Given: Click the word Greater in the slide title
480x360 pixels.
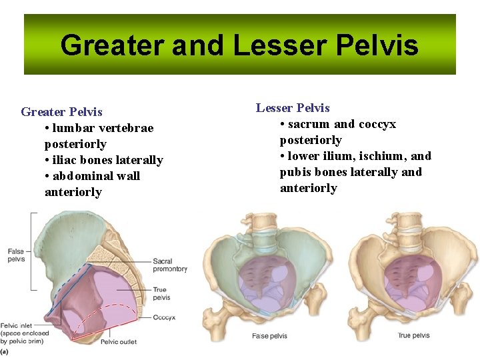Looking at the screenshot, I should coord(111,45).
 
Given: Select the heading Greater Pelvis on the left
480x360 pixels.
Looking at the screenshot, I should coord(62,112).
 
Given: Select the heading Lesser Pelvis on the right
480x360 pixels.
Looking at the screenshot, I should coord(293,108).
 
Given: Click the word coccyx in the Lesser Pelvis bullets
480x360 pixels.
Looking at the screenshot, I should coord(377,124).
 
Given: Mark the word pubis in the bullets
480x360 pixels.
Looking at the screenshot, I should coord(295,172).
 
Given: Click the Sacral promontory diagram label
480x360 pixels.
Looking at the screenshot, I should coord(169,265).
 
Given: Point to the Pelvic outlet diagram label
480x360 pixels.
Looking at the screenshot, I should coord(119,342).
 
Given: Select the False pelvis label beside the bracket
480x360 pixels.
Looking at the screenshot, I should coord(16,255).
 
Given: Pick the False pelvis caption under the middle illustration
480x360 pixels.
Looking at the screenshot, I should coord(269,336).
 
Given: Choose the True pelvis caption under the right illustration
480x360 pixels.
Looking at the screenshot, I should coord(413,336).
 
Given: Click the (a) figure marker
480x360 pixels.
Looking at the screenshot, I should coord(5,351).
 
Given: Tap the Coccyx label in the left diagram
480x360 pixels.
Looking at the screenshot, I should coord(164,318).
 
